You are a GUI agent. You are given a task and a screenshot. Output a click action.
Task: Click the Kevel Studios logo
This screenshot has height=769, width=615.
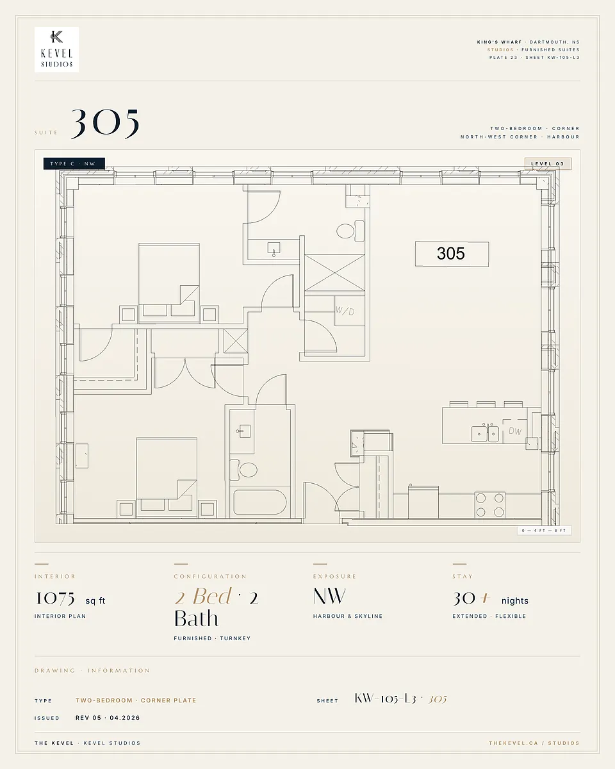pos(56,49)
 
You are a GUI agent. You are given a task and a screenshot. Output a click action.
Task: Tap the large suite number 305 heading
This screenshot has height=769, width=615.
pos(105,124)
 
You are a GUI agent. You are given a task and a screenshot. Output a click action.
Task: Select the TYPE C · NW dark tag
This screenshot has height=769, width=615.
pos(74,163)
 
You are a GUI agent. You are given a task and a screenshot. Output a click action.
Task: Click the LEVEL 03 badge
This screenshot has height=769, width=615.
pos(548,163)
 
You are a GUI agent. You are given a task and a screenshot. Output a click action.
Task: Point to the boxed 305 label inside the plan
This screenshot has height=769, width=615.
pos(452,254)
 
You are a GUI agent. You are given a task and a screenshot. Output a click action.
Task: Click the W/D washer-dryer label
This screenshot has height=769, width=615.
pos(345,311)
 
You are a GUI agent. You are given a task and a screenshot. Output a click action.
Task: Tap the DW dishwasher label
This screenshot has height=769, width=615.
pos(515,431)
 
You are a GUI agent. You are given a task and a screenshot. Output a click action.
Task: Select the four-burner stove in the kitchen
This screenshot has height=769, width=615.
pos(489,504)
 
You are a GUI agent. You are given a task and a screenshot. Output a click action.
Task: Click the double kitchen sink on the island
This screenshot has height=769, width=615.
pos(485,433)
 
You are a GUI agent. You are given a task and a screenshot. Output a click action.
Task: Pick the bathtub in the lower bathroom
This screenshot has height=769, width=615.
pos(260,502)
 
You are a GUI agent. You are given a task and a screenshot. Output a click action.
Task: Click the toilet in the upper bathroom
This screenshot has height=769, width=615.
pos(350,231)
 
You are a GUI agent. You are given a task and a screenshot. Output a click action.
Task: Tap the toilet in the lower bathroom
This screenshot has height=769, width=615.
pos(243,470)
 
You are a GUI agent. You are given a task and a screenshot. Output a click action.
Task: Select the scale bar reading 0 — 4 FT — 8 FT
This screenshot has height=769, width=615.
pos(544,531)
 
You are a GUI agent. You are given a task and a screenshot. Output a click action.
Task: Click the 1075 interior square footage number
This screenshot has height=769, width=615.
pos(55,598)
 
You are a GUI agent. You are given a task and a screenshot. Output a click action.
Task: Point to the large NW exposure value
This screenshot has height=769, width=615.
pos(329,596)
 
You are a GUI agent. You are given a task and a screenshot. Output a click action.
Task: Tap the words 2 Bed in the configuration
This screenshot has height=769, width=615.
pos(203,596)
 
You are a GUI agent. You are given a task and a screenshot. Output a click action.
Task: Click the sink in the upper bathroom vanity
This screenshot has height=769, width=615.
pos(274,249)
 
